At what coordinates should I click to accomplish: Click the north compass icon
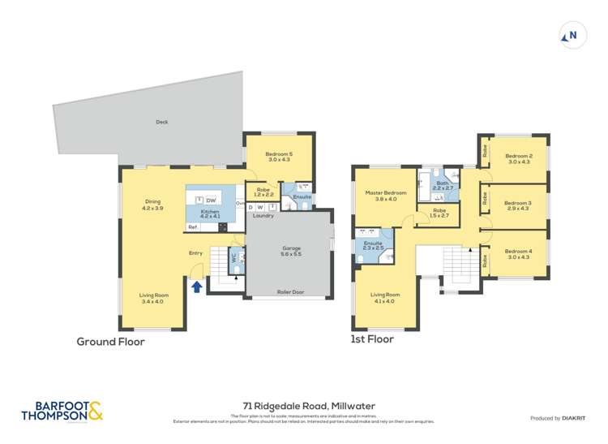pyautogui.click(x=570, y=36)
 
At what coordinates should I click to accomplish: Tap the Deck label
pyautogui.click(x=162, y=123)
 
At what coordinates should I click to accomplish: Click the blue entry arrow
pyautogui.click(x=196, y=285)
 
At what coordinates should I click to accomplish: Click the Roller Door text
pyautogui.click(x=290, y=291)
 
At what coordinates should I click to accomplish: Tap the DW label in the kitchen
pyautogui.click(x=210, y=200)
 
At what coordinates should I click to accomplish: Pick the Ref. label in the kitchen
pyautogui.click(x=193, y=227)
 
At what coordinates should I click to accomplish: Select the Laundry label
pyautogui.click(x=263, y=216)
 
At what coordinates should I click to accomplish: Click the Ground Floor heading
pyautogui.click(x=110, y=342)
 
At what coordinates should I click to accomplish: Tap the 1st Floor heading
pyautogui.click(x=371, y=339)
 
